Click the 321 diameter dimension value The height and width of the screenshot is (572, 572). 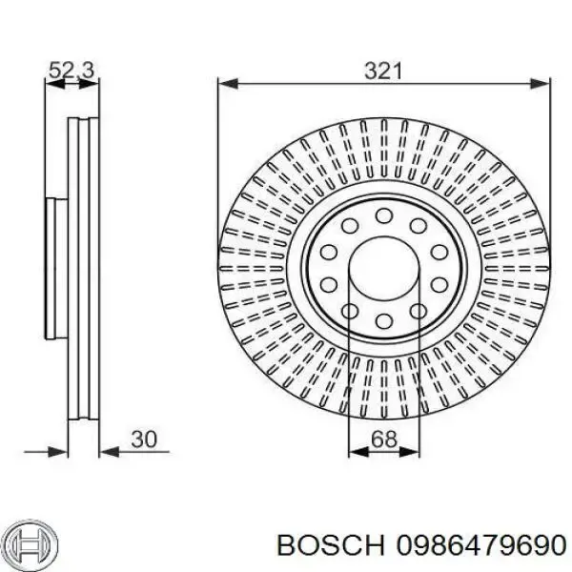pos(383,70)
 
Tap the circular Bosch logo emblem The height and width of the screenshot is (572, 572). pos(30,544)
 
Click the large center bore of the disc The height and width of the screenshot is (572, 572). pos(383,269)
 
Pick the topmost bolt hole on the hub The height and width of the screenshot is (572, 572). pos(383,215)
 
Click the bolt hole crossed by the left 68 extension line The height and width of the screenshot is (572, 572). pos(351,311)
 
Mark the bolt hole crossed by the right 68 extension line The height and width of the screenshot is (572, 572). pos(416,311)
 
